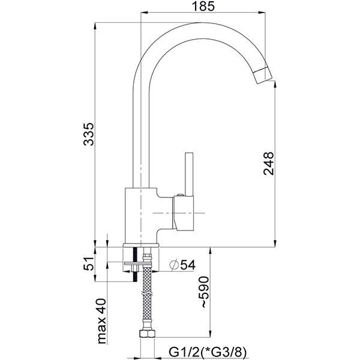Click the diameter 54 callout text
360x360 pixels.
183,265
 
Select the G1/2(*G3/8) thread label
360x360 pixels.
201,350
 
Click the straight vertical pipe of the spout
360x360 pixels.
137,132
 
